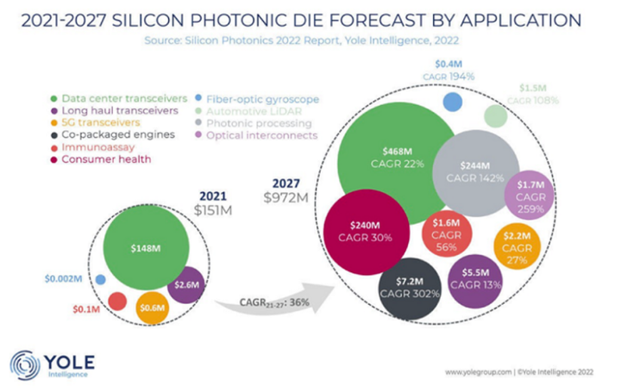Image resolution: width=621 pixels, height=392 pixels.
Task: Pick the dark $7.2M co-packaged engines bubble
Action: click(x=411, y=288)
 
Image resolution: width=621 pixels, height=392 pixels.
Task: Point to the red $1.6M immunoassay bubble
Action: click(x=447, y=233)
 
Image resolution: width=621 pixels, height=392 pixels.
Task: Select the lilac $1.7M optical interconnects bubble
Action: click(x=529, y=190)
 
